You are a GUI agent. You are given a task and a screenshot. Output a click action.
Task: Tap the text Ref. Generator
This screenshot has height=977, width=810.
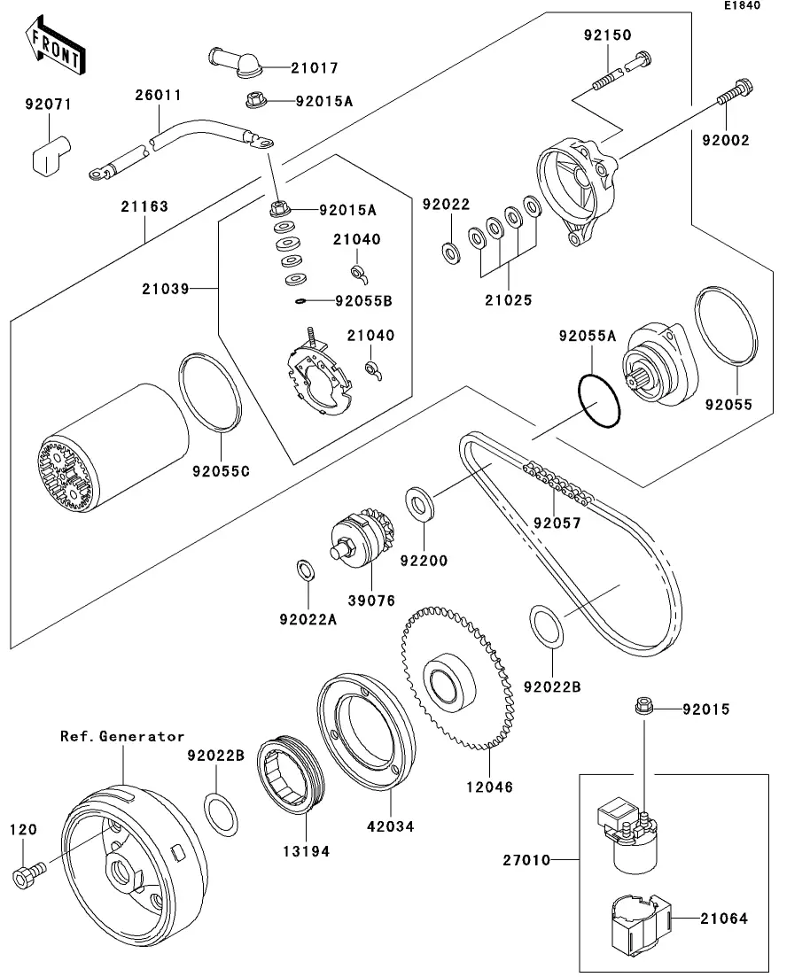click(122, 736)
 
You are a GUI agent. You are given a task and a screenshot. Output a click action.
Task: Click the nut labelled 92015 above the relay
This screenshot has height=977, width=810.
click(644, 708)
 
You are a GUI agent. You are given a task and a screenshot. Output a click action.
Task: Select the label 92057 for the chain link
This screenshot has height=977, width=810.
click(557, 523)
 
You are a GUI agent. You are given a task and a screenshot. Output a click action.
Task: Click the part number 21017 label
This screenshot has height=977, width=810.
click(290, 67)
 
